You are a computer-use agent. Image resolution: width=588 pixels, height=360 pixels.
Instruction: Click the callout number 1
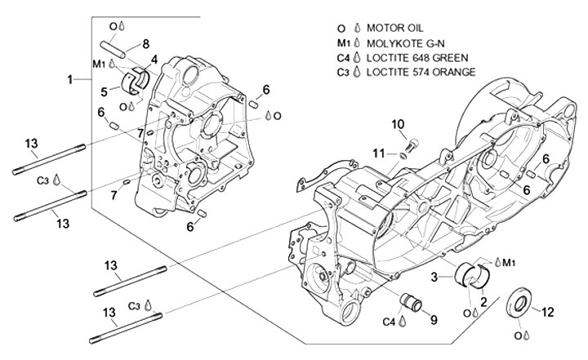click(x=70, y=78)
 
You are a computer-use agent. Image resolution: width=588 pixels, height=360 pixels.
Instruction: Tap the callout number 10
click(x=398, y=124)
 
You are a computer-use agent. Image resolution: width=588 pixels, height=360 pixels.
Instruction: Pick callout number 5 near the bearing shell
click(x=105, y=90)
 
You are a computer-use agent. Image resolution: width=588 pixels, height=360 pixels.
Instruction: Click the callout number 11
click(x=379, y=153)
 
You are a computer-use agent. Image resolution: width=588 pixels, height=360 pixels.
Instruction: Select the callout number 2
click(x=483, y=302)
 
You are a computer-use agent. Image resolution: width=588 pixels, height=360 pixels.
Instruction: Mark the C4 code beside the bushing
click(x=389, y=322)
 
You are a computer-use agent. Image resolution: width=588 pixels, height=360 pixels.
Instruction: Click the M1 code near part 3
click(x=507, y=262)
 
